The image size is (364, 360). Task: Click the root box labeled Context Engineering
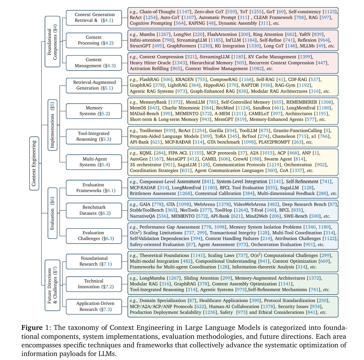pos(34,163)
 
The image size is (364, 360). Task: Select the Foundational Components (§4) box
pos(53,42)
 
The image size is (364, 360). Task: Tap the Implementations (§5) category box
pos(53,125)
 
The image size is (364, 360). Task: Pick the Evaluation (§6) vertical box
pos(53,213)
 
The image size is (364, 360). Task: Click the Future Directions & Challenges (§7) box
pos(53,285)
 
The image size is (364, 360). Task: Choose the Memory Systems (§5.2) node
pos(94,111)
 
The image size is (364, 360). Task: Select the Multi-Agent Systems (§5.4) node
pos(94,162)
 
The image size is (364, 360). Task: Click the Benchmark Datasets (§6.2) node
pos(94,210)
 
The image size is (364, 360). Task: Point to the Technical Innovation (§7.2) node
pos(94,284)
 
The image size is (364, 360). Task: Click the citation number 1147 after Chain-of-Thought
pos(184,12)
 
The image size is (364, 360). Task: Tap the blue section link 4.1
pos(108,20)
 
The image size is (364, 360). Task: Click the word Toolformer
pos(151,131)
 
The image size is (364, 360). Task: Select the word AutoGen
pos(139,159)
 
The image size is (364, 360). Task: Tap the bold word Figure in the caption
pos(32,328)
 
